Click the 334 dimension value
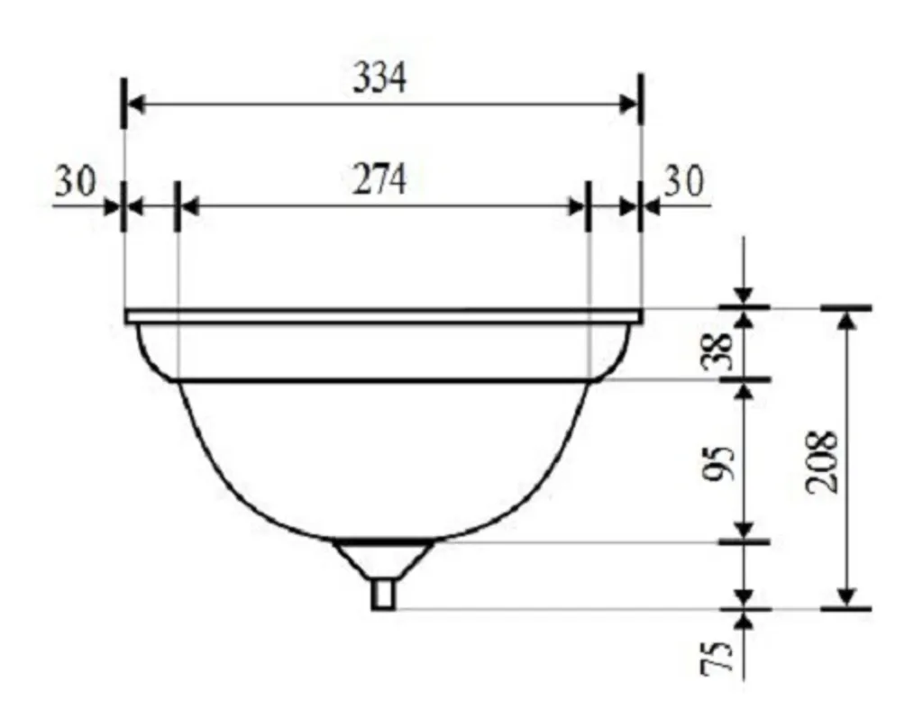[379, 78]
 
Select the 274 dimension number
[379, 179]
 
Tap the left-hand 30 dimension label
[76, 180]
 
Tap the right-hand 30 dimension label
[684, 180]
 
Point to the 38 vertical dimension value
[717, 351]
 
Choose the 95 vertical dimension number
[718, 463]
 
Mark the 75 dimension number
[717, 657]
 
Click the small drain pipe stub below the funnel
[383, 595]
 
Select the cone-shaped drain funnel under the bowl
[383, 559]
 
